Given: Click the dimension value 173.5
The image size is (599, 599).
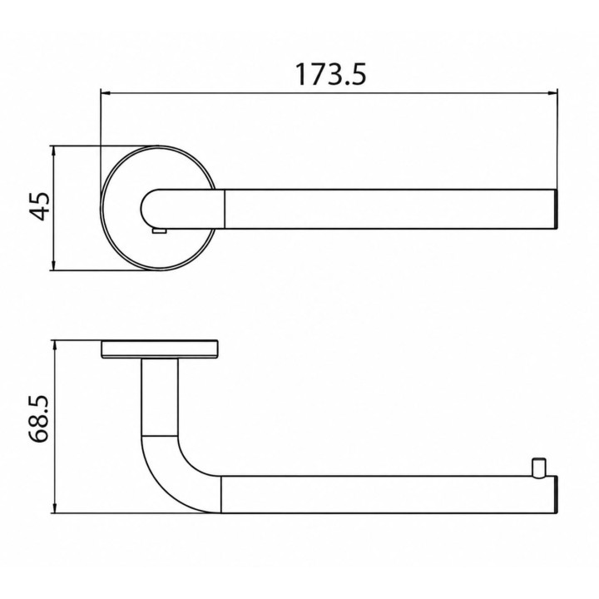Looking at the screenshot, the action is [x=331, y=75].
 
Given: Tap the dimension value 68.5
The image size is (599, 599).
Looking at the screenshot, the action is [x=40, y=419].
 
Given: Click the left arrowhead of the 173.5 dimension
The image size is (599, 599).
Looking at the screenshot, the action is [x=105, y=93].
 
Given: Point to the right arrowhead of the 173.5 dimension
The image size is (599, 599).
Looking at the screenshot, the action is [x=552, y=93].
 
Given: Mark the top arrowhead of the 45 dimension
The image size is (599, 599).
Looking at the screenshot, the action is [x=54, y=151].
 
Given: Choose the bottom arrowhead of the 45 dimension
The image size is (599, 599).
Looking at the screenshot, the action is [x=54, y=265].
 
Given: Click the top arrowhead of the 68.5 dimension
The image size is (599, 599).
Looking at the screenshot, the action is [x=55, y=345].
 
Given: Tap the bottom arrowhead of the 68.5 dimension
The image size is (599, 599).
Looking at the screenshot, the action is [x=55, y=507].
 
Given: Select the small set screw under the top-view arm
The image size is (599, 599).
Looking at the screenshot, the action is [x=159, y=230].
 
